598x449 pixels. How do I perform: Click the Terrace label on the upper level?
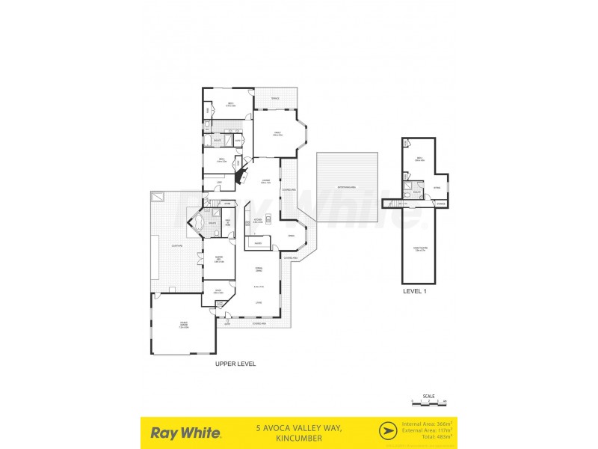tap(275, 98)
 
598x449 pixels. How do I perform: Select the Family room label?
tap(277, 133)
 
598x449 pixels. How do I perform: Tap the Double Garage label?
tap(183, 326)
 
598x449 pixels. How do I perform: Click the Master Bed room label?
tap(220, 260)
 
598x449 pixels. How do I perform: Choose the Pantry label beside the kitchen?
tap(257, 243)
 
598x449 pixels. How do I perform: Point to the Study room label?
tap(219, 291)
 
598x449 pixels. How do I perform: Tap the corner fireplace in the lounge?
tap(241, 178)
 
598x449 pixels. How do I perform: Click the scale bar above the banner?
tap(428, 402)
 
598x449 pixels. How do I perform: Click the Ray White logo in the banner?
tap(185, 433)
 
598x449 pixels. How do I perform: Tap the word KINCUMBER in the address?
tap(298, 438)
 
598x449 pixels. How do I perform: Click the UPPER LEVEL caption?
tap(235, 364)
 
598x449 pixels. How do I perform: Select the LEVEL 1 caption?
tap(414, 291)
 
